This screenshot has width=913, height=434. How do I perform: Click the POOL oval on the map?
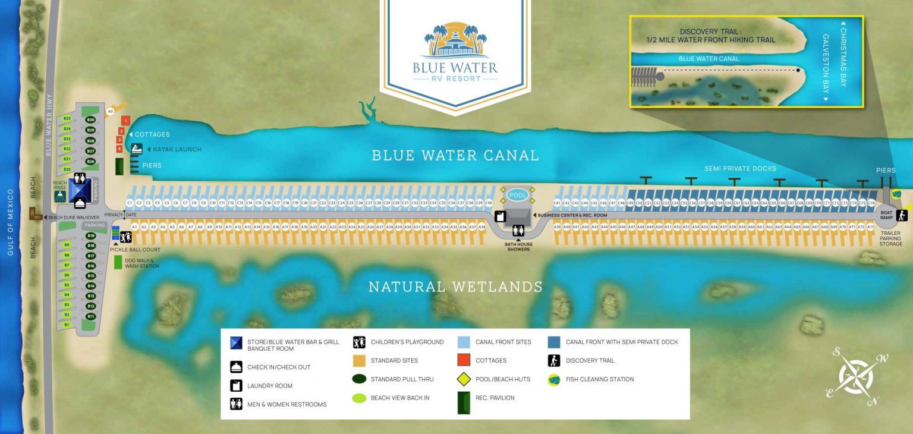pyautogui.click(x=518, y=195)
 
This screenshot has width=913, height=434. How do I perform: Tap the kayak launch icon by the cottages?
pyautogui.click(x=137, y=149)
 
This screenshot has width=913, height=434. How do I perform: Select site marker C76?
pyautogui.click(x=871, y=203)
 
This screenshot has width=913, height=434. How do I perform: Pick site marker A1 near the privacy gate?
pyautogui.click(x=135, y=227)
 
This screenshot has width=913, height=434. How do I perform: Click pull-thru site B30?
pyautogui.click(x=91, y=120)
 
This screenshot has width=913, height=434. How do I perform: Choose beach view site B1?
pyautogui.click(x=67, y=325)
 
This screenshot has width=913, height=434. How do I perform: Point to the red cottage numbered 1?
pyautogui.click(x=125, y=121)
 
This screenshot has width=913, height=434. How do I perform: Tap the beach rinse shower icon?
pyautogui.click(x=59, y=197)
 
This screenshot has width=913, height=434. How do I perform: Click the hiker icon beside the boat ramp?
pyautogui.click(x=902, y=215)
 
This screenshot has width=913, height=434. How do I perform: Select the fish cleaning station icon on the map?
pyautogui.click(x=896, y=194)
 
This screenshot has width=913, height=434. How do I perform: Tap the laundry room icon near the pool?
pyautogui.click(x=500, y=216)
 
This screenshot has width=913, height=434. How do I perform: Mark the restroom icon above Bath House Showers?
pyautogui.click(x=518, y=230)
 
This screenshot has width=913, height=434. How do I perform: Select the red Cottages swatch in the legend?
pyautogui.click(x=464, y=360)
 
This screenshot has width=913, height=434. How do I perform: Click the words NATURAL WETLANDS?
pyautogui.click(x=455, y=287)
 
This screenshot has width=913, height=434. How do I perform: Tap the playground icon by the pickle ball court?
pyautogui.click(x=125, y=237)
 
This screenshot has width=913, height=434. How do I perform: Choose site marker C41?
pyautogui.click(x=557, y=203)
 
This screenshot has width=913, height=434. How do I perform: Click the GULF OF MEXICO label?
pyautogui.click(x=10, y=222)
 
